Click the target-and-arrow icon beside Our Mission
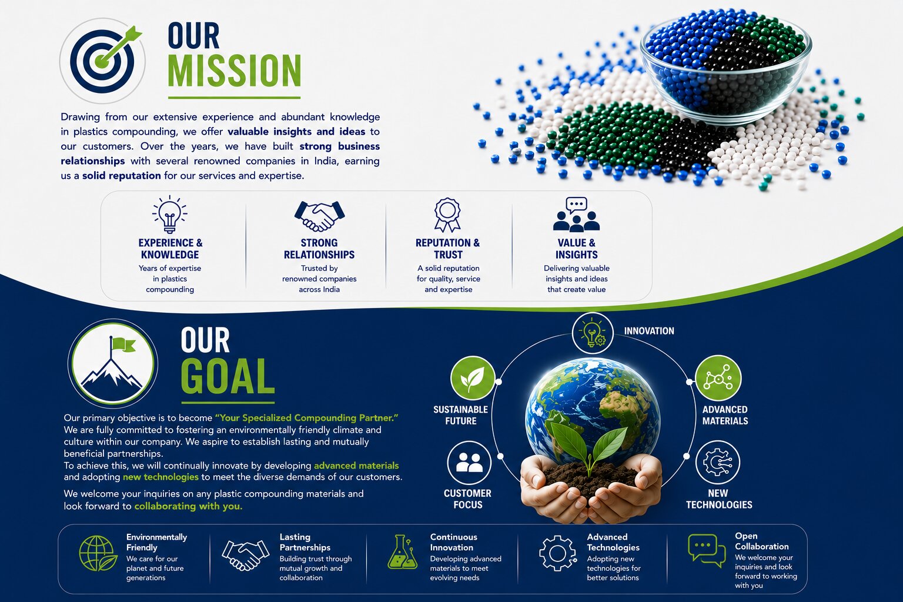(x=102, y=61)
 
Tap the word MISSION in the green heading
(x=234, y=71)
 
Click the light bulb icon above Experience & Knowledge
(x=170, y=215)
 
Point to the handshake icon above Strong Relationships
(x=319, y=216)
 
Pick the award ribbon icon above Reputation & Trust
(x=447, y=215)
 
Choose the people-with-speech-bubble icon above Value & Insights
(x=577, y=215)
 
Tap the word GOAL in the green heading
(x=228, y=376)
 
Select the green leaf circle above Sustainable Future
(x=473, y=378)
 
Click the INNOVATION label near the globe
(x=649, y=331)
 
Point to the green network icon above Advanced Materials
(x=718, y=378)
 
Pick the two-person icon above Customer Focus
(x=469, y=463)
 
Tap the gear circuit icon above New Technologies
(x=718, y=463)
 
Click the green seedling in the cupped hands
(x=589, y=447)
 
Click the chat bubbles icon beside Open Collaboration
(x=706, y=551)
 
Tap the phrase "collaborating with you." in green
(x=188, y=506)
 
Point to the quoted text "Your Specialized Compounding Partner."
(x=306, y=418)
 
